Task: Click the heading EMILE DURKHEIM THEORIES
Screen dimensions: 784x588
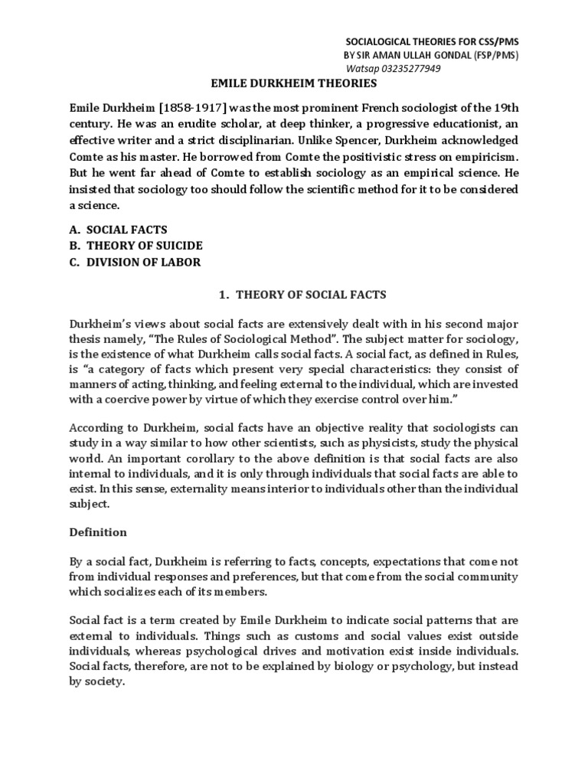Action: click(293, 83)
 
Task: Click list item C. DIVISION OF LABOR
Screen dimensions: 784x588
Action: click(136, 261)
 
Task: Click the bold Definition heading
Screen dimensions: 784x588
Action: click(98, 531)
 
